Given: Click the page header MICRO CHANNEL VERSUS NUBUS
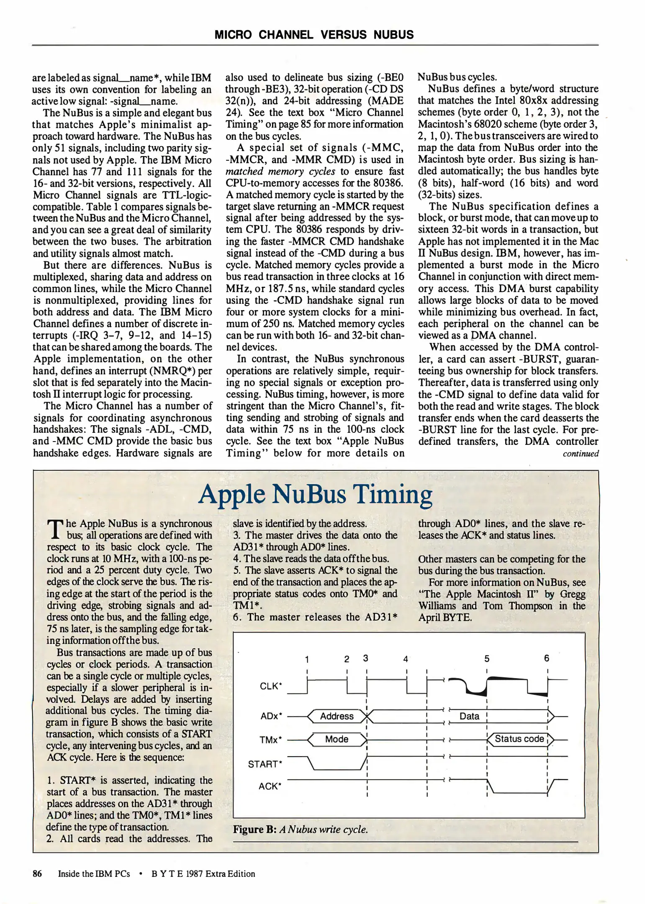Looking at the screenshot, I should tap(314, 35).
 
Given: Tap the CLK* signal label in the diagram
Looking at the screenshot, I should tap(271, 686).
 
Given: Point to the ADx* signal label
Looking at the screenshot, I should tap(271, 716).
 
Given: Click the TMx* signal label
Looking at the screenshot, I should tap(271, 740).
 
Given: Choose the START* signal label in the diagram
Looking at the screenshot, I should tap(265, 764).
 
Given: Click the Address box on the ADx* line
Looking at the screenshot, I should tap(337, 716).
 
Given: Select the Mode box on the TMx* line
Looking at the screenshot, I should tap(337, 739).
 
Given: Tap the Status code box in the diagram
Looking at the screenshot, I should tap(519, 739).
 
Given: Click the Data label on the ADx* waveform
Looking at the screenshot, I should tap(469, 716).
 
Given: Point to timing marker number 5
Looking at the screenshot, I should tap(487, 659).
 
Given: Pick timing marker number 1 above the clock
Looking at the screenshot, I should tap(307, 660).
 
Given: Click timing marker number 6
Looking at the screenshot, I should tap(546, 658).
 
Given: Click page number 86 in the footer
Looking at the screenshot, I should tap(37, 874).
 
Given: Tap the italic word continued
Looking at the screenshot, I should tap(581, 453).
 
